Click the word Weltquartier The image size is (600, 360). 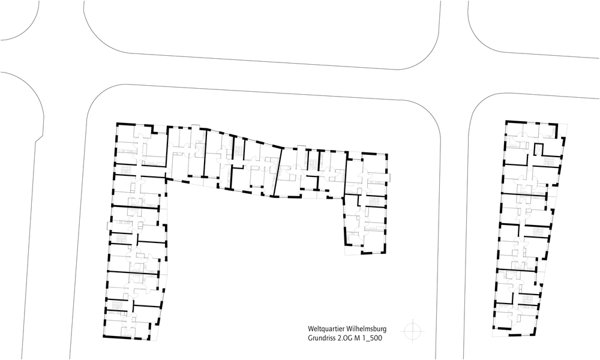pos(325,329)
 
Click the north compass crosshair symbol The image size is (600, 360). pos(413,330)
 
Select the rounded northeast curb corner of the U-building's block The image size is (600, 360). pos(428,115)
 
